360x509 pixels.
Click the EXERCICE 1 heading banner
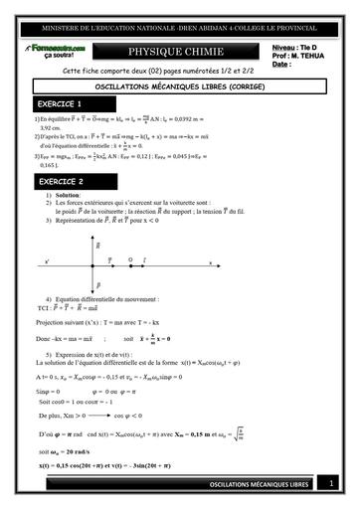point(61,103)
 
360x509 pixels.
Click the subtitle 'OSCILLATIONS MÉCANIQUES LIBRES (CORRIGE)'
point(178,86)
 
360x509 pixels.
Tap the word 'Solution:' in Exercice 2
point(73,196)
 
